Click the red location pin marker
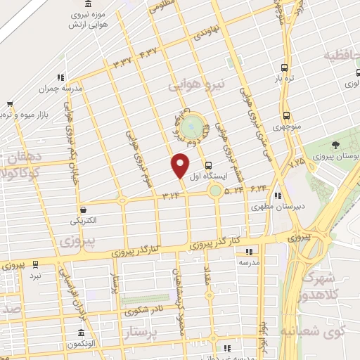point(180,165)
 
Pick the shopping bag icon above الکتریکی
point(84,209)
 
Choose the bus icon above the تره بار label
point(284,68)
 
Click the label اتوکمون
point(82,346)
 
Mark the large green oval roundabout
point(191,128)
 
